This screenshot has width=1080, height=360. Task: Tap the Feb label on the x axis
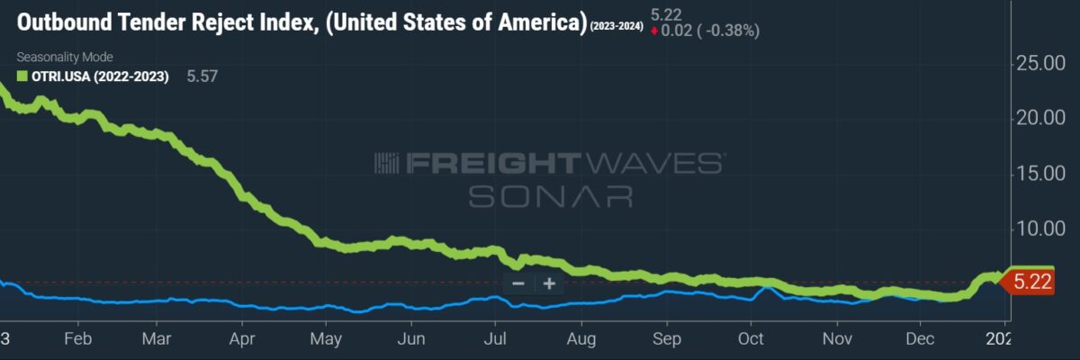78,339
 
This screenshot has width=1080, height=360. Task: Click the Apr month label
242,339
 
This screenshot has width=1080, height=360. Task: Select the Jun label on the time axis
411,339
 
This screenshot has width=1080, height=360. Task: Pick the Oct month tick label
751,339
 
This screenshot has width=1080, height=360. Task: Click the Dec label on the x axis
920,339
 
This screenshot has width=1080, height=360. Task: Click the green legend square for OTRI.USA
22,76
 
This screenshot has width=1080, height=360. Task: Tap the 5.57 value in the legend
202,76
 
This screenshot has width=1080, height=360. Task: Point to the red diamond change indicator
654,31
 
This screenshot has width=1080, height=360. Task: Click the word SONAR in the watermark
550,195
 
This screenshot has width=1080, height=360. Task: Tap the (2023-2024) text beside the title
616,26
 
